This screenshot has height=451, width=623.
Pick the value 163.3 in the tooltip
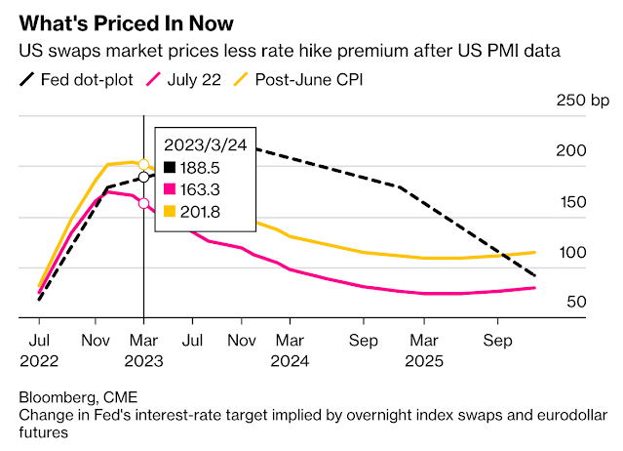(208, 187)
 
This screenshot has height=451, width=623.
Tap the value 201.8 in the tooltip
(208, 209)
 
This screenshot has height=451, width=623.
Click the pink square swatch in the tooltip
(170, 187)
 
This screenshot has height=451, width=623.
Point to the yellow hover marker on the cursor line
(143, 164)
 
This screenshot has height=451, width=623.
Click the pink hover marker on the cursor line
(143, 203)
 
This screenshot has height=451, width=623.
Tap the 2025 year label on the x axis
(424, 359)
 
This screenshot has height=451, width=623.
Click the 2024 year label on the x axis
(290, 359)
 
